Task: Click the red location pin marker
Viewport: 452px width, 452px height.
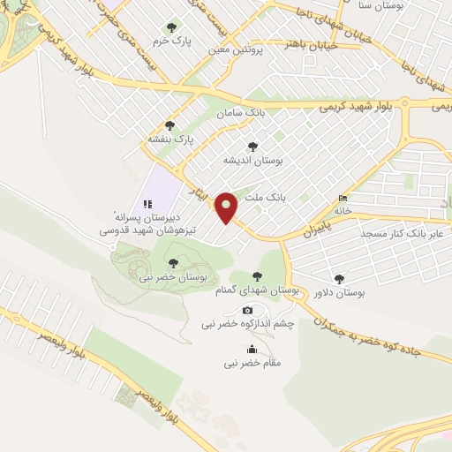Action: coord(227,207)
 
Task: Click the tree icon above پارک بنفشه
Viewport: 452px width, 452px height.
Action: coord(169,125)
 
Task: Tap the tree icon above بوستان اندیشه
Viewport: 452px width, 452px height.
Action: coord(252,147)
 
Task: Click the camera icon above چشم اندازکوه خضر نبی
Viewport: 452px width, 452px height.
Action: coord(247,311)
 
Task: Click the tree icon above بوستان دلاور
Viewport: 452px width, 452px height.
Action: coord(340,279)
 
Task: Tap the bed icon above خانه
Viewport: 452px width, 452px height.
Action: coord(343,199)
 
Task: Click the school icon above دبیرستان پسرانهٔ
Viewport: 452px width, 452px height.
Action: coord(147,203)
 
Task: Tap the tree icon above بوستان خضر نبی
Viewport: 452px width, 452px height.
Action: coord(173,262)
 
